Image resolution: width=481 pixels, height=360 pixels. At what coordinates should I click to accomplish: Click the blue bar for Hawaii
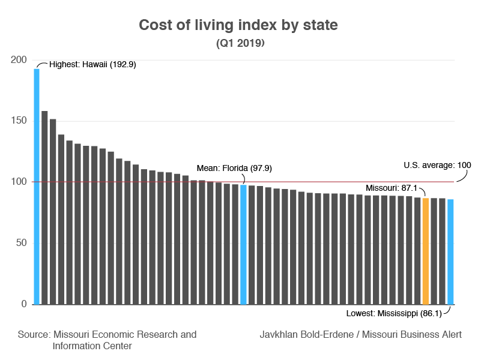tap(37, 186)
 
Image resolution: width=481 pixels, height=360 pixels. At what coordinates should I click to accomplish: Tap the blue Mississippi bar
tap(450, 252)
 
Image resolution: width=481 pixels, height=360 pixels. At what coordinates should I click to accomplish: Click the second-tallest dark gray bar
tap(44, 207)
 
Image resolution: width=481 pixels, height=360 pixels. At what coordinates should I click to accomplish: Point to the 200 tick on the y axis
tap(19, 59)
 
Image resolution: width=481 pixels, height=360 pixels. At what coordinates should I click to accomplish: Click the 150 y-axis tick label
tap(19, 121)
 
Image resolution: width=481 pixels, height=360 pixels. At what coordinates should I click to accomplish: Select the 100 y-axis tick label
tap(19, 182)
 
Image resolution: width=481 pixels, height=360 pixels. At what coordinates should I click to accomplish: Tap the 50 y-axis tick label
tap(21, 243)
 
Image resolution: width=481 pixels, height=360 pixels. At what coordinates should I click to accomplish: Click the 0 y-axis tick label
tap(23, 304)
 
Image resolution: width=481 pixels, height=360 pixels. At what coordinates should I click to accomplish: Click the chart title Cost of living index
tap(238, 25)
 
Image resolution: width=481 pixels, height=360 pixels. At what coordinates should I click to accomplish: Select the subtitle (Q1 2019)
tap(240, 43)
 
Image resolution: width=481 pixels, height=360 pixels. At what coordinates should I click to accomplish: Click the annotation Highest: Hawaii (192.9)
tap(92, 64)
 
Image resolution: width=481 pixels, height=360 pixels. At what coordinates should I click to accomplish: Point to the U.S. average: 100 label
tap(437, 166)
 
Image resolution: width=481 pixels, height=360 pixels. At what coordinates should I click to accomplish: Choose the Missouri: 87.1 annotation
tap(391, 188)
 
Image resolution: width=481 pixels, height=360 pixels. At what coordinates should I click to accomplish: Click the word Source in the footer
tap(34, 334)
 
